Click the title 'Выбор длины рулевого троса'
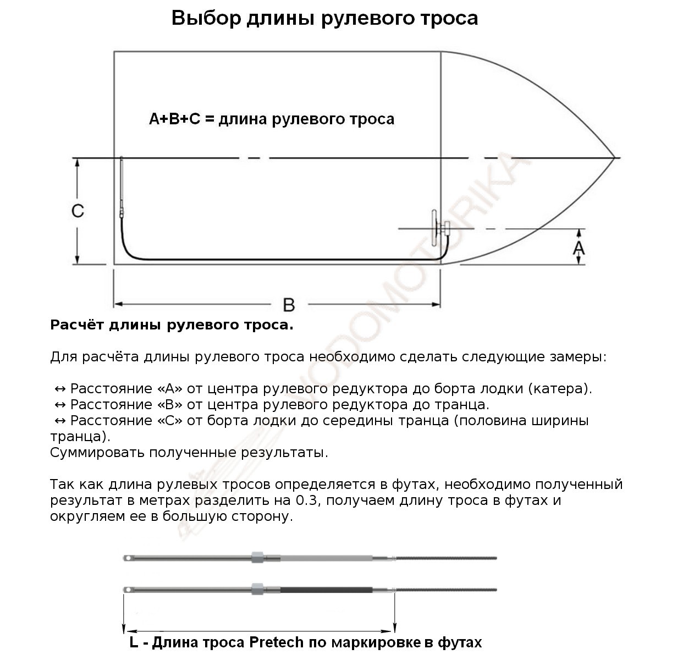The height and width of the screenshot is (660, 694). click(324, 18)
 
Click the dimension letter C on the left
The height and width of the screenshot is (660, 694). click(78, 211)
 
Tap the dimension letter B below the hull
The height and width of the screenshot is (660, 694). click(289, 304)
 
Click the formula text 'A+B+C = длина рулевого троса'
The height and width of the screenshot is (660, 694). click(272, 119)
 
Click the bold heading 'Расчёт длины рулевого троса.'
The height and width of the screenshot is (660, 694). click(172, 325)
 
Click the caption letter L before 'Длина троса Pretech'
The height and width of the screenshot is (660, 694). click(134, 642)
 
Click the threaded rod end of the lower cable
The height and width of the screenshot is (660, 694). click(445, 590)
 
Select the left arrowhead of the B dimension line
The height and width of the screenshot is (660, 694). click(117, 304)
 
